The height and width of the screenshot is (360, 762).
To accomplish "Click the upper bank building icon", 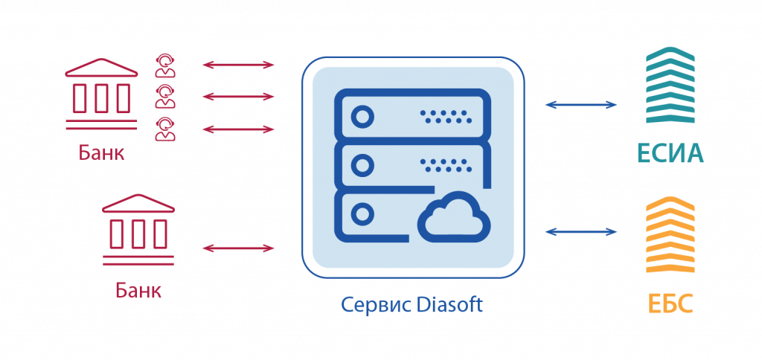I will point(101,92).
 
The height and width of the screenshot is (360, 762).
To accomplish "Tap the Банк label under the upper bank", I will point(101,153).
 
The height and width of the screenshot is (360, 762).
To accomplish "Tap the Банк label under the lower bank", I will point(138,289).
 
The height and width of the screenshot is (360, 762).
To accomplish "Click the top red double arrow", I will point(239,65).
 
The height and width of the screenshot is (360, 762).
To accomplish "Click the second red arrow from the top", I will point(239,97).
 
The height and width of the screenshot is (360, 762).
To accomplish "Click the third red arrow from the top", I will point(239,129).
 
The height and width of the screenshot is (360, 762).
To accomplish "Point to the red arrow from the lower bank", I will point(239,247).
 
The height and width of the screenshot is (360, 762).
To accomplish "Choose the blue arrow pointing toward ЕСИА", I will point(581,105).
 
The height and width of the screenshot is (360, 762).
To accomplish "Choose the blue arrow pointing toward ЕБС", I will point(581,232).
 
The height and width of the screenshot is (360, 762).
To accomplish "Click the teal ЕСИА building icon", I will point(670,86).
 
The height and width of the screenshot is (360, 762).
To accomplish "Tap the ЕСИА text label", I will point(670,154).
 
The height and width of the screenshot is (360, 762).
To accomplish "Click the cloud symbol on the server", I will point(453,216).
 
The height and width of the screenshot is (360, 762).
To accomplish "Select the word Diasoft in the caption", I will point(450,305).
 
